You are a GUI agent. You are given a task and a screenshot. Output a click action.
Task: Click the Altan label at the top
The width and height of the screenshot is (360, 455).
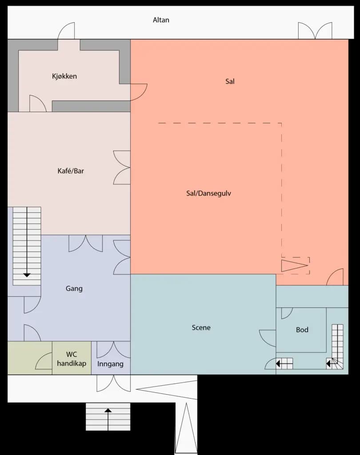[161, 20]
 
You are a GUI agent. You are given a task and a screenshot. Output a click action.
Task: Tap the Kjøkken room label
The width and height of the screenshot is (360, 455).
[64, 76]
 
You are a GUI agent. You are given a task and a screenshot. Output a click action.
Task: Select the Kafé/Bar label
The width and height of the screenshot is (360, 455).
[71, 171]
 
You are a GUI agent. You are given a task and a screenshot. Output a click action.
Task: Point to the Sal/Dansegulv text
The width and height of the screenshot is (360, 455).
[208, 193]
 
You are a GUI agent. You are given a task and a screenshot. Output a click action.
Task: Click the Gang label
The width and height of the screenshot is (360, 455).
[74, 288]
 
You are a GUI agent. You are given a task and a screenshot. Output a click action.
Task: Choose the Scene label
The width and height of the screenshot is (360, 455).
[201, 327]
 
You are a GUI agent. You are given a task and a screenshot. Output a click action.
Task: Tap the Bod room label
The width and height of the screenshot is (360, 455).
[302, 330]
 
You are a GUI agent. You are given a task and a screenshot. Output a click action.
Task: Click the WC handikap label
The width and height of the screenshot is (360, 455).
[72, 359]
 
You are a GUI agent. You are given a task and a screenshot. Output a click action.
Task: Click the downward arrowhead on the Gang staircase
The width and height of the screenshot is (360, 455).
[27, 275]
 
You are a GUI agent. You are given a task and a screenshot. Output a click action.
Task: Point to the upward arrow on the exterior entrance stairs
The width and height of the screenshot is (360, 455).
[108, 411]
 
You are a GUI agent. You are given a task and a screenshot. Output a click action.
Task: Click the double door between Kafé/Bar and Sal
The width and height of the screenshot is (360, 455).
[122, 168]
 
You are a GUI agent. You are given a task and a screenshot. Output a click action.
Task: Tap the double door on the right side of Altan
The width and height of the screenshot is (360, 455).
[315, 31]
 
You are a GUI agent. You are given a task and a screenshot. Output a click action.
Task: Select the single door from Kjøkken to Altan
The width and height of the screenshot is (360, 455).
[67, 31]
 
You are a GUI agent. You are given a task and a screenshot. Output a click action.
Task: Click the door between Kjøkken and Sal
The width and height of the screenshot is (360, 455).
[138, 92]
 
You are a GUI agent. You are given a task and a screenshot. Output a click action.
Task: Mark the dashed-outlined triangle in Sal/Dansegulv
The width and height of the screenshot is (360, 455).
[295, 266]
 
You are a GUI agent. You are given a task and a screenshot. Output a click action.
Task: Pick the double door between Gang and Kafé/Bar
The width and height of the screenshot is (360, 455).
[85, 243]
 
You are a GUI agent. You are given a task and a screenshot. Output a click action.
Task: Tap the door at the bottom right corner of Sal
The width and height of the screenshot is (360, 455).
[335, 277]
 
